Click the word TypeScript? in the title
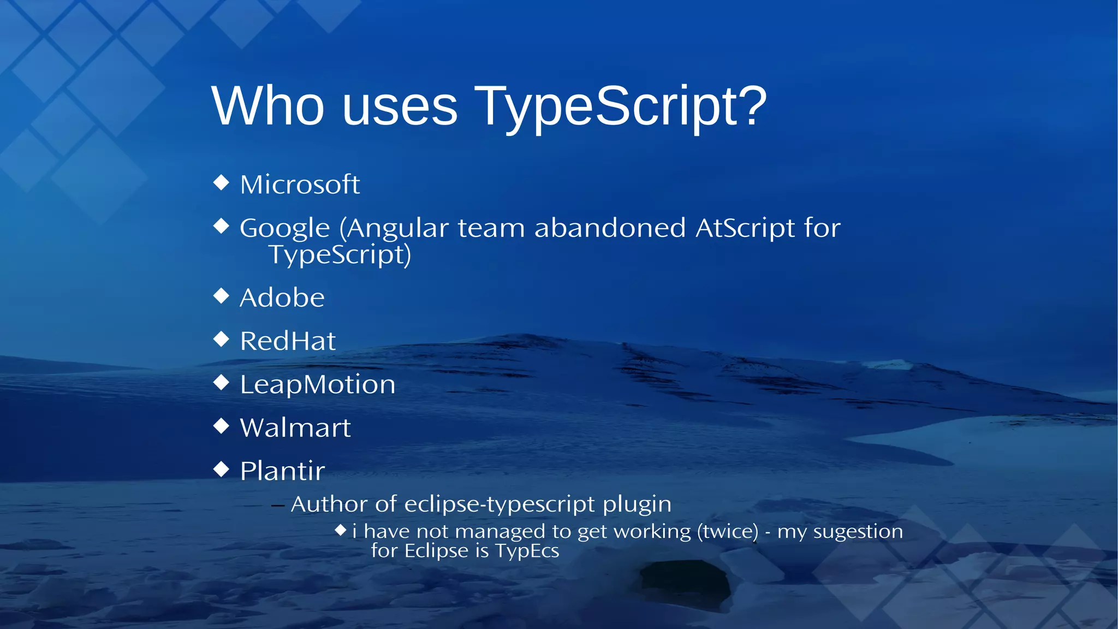[620, 106]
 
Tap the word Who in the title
[267, 106]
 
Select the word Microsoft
[300, 185]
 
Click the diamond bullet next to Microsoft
[221, 182]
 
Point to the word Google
[284, 228]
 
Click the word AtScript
[745, 228]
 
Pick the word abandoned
[609, 228]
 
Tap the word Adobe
[282, 298]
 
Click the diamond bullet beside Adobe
[221, 296]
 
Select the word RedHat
[288, 341]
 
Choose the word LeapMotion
[317, 385]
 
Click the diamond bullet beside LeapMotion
[221, 383]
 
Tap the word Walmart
[295, 428]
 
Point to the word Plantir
[282, 471]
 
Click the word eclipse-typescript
[499, 505]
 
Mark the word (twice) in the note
[728, 531]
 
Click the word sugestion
[858, 532]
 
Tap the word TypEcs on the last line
[527, 551]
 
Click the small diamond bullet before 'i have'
[341, 530]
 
